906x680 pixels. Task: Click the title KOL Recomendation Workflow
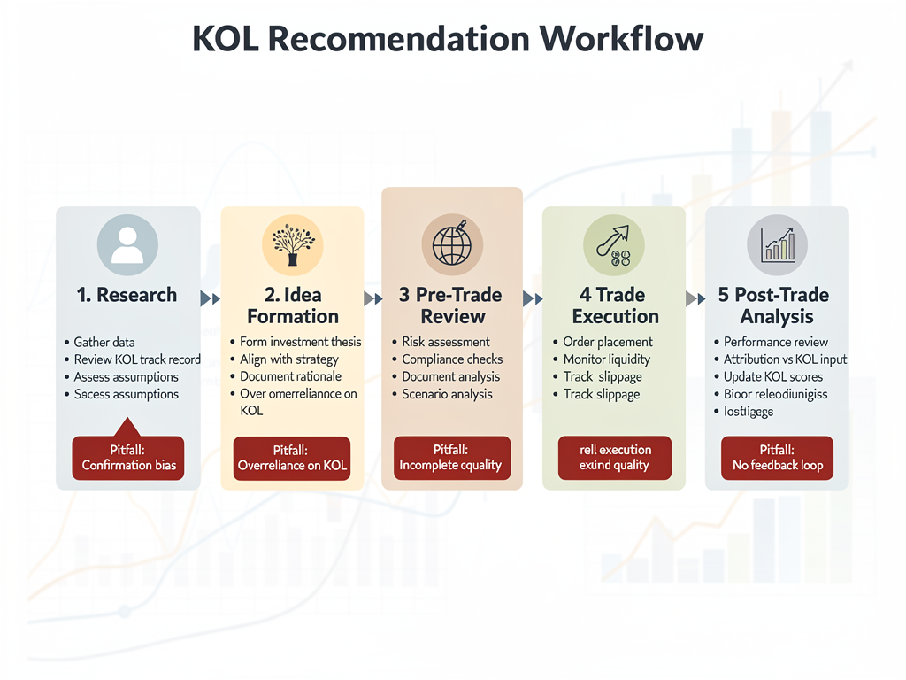[448, 39]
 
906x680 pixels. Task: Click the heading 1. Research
[127, 295]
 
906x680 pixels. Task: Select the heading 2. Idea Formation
[293, 305]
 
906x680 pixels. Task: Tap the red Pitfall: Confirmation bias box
[128, 458]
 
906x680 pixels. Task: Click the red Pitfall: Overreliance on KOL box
[292, 458]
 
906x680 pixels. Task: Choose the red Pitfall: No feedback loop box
[777, 458]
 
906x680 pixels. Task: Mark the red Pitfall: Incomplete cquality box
[451, 458]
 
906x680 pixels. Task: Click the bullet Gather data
[104, 342]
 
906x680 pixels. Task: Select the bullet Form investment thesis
[300, 342]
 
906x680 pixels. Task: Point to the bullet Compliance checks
[451, 359]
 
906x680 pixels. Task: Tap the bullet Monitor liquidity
[606, 359]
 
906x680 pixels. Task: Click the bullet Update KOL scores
[772, 376]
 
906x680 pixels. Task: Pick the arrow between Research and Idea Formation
[211, 299]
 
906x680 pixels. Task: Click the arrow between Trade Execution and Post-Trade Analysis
[695, 299]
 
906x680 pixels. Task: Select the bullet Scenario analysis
[447, 394]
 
